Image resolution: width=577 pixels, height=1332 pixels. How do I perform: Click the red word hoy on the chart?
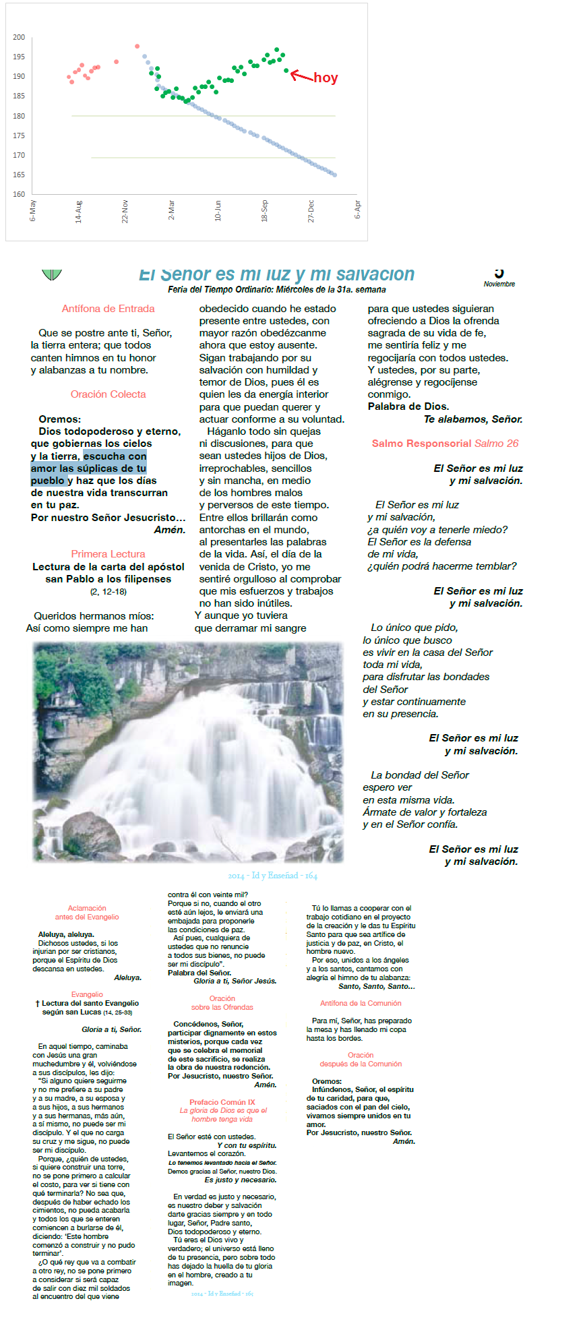click(326, 78)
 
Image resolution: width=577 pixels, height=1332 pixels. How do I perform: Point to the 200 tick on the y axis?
click(19, 37)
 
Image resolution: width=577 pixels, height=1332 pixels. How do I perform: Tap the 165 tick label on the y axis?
click(19, 175)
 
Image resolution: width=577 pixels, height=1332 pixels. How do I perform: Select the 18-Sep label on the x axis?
click(264, 210)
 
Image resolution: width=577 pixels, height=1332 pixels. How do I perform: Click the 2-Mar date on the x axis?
click(171, 210)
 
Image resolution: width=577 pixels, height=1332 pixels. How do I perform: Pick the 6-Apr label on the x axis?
click(357, 210)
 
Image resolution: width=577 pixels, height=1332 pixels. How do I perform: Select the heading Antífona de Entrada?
click(108, 309)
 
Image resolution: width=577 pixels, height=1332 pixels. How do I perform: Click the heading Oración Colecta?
click(108, 394)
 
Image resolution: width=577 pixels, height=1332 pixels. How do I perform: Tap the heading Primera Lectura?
click(108, 554)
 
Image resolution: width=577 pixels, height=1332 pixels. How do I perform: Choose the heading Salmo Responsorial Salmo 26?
click(445, 444)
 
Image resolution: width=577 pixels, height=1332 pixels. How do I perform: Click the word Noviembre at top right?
click(499, 284)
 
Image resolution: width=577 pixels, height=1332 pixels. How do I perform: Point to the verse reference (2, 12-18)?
click(108, 592)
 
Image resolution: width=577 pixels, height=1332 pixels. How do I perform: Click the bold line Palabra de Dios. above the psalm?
click(408, 406)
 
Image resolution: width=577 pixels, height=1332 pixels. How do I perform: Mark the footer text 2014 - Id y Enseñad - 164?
click(272, 876)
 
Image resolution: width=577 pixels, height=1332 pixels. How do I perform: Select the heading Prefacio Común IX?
click(222, 1102)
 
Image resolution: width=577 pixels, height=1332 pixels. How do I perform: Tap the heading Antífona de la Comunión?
click(361, 1003)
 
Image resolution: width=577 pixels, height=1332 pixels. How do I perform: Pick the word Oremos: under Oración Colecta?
click(59, 419)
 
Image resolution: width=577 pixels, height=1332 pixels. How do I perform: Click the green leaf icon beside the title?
click(51, 274)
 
